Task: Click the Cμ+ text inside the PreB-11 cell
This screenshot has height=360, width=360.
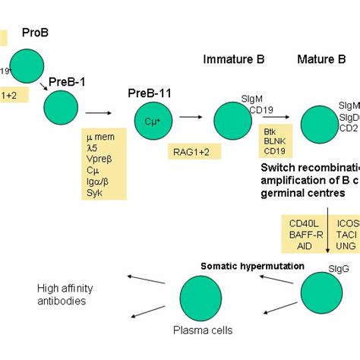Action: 153,121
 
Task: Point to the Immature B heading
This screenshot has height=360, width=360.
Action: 233,58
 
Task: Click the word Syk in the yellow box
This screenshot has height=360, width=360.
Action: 93,192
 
